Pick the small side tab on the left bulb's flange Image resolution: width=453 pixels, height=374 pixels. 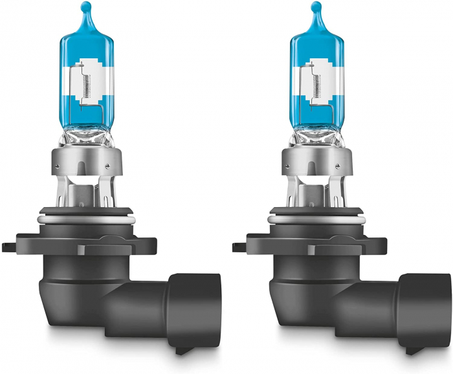(x=8, y=248)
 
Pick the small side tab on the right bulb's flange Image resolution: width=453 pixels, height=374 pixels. (x=239, y=248)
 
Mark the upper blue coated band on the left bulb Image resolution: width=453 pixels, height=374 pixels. (x=85, y=45)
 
